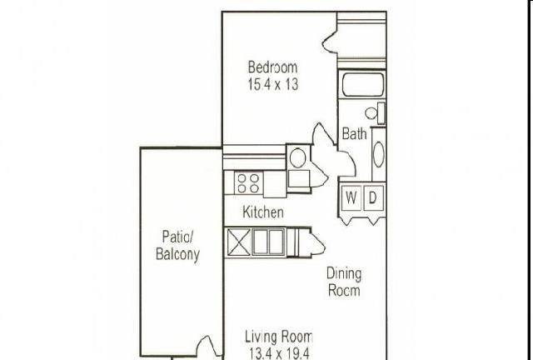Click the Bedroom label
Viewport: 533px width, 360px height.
[x=272, y=67]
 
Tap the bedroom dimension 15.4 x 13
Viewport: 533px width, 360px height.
[x=273, y=84]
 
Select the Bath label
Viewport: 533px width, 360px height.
[x=354, y=133]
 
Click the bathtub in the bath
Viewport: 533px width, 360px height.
[x=363, y=85]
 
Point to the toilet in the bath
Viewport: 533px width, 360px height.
[x=375, y=112]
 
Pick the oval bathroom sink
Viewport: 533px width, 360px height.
[x=378, y=154]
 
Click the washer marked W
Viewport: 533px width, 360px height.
[x=351, y=197]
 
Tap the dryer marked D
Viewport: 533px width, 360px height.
[x=374, y=197]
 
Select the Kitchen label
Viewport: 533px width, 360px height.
[x=263, y=212]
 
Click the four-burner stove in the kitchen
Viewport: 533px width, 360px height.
[x=248, y=183]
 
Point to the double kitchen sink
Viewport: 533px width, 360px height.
[x=268, y=242]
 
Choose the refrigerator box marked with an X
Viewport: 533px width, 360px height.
[x=238, y=242]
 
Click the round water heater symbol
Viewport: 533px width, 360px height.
[x=298, y=157]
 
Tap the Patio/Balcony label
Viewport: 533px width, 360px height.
[x=177, y=246]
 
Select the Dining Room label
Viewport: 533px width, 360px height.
[x=344, y=282]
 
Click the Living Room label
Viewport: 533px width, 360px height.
[x=279, y=337]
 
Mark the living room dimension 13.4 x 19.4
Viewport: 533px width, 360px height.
[x=279, y=353]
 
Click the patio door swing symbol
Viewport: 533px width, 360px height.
[x=207, y=346]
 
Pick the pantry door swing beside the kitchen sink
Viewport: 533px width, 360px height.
[x=317, y=242]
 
